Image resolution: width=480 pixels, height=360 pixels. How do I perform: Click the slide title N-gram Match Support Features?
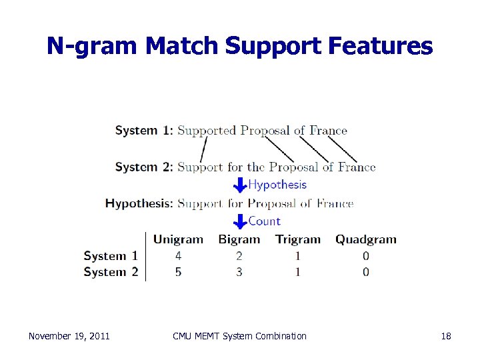(x=239, y=46)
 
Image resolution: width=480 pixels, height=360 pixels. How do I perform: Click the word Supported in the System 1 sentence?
(x=207, y=131)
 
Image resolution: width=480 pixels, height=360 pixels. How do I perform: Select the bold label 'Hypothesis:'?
(x=139, y=203)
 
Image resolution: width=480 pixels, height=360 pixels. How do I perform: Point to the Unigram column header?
(x=178, y=239)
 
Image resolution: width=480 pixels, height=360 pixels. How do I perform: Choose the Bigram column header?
(x=239, y=239)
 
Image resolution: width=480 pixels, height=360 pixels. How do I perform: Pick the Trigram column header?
(x=297, y=239)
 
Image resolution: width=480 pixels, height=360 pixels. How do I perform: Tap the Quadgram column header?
(x=365, y=239)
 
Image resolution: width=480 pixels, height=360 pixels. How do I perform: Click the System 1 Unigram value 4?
(x=178, y=255)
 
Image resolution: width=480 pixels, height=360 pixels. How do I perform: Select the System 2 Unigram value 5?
(x=178, y=271)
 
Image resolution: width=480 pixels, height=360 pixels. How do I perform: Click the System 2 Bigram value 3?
(x=239, y=271)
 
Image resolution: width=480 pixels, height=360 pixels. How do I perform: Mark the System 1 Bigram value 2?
(x=239, y=255)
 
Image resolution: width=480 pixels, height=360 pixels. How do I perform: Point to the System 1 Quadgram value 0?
(x=365, y=255)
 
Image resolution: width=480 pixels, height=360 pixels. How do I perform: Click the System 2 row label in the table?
(x=111, y=271)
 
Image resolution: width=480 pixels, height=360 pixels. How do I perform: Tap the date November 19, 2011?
(x=69, y=336)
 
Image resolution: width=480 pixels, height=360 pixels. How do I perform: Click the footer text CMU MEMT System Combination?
(x=239, y=336)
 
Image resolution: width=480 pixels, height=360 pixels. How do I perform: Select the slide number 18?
(x=446, y=336)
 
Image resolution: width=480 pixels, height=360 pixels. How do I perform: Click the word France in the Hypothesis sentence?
(x=335, y=203)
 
